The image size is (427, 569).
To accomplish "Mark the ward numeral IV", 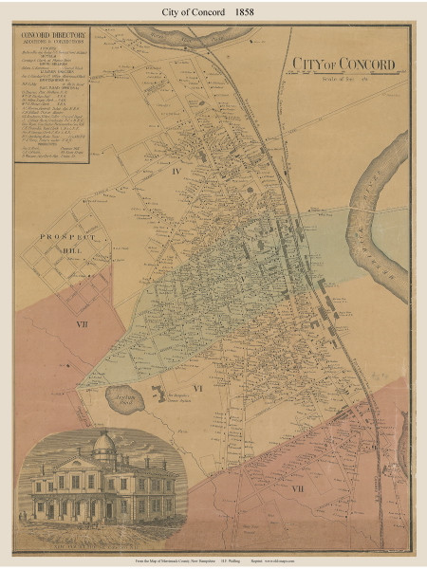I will pos(176,196).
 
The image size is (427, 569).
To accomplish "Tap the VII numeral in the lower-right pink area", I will pos(298,487).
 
